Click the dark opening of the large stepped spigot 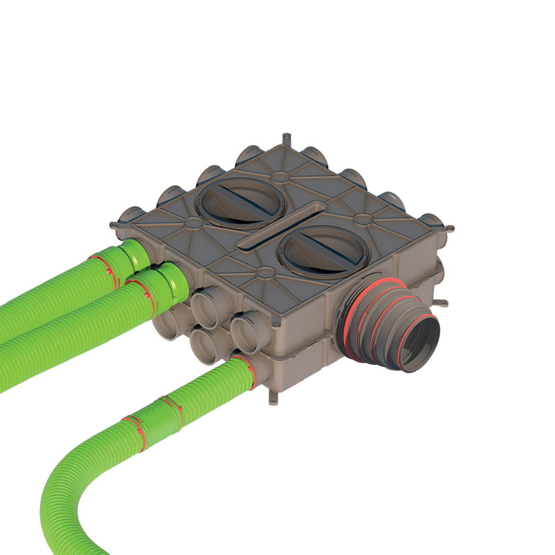click(420, 346)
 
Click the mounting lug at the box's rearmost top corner click(286, 140)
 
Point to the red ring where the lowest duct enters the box click(248, 371)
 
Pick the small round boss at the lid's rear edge click(280, 177)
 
